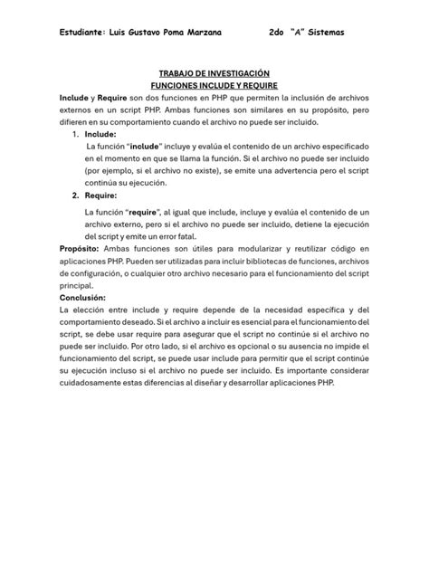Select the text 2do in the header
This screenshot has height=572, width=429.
(280, 33)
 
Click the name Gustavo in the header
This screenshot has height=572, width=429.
(148, 33)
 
